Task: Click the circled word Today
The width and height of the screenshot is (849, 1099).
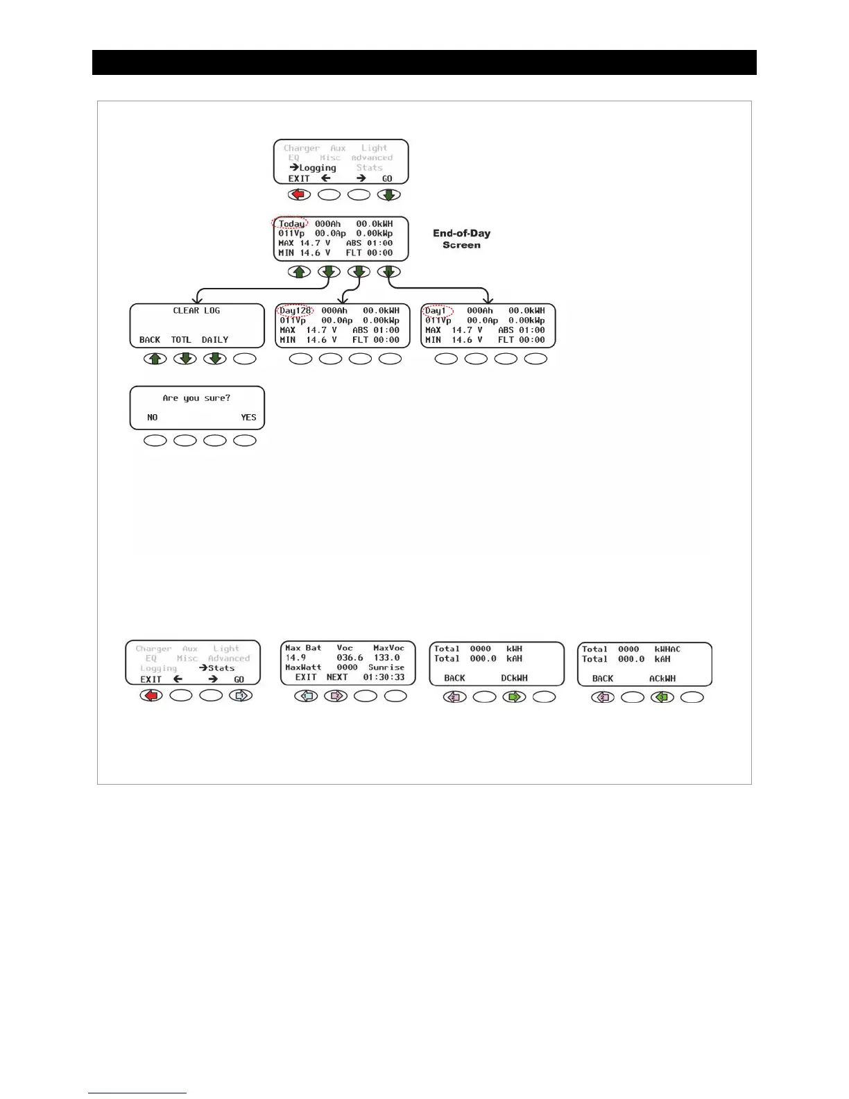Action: (x=291, y=223)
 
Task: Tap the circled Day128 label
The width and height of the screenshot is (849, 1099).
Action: (x=296, y=311)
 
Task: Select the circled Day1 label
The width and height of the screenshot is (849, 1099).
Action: (x=437, y=311)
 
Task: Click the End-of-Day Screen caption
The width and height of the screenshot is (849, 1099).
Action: (x=461, y=239)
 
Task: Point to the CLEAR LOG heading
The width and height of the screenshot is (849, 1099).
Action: (x=196, y=311)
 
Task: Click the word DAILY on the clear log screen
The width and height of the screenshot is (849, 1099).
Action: (x=215, y=340)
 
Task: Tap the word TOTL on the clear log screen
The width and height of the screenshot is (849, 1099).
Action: (x=181, y=340)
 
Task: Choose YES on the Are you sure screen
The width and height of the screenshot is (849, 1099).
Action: (x=248, y=418)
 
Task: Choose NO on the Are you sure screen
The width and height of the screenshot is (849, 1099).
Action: (x=153, y=418)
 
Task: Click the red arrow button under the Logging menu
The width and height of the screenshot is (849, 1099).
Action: (x=299, y=195)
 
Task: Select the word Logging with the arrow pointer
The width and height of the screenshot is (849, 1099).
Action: (x=317, y=168)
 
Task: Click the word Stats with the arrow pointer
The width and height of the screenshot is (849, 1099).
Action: (x=221, y=668)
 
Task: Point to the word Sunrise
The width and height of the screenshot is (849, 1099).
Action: (x=386, y=667)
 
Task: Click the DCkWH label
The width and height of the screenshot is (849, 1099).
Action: (x=514, y=678)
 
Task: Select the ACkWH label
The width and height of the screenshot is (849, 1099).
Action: (x=662, y=679)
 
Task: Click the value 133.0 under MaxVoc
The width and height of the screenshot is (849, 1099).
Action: (x=386, y=658)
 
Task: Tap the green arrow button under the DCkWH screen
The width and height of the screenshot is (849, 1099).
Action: (x=514, y=697)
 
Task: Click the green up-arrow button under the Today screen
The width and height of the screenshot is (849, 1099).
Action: (x=299, y=272)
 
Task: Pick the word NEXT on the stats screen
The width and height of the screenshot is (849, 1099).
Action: (x=337, y=677)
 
